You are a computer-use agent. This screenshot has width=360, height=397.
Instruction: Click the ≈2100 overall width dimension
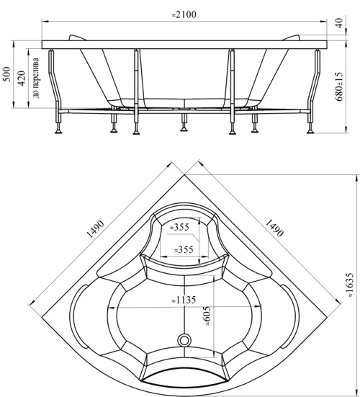pyautogui.click(x=184, y=14)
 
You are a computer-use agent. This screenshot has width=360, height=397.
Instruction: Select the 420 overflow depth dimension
pyautogui.click(x=22, y=79)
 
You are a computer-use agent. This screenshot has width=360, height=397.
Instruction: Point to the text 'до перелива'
pyautogui.click(x=36, y=78)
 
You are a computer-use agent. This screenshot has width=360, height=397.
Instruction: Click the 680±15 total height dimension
pyautogui.click(x=339, y=86)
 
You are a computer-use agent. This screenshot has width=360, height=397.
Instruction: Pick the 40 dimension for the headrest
pyautogui.click(x=339, y=23)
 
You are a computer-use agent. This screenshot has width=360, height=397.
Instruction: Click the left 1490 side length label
pyautogui.click(x=95, y=229)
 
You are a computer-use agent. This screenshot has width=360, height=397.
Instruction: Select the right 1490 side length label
pyautogui.click(x=274, y=228)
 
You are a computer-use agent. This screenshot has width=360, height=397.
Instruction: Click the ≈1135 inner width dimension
pyautogui.click(x=184, y=300)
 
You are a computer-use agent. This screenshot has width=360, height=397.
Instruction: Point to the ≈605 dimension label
pyautogui.click(x=207, y=316)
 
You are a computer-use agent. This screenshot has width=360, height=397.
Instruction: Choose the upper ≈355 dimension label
pyautogui.click(x=179, y=227)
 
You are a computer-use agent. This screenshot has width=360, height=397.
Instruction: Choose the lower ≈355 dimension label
pyautogui.click(x=184, y=249)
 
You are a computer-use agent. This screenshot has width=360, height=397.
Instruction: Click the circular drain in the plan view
pyautogui.click(x=184, y=340)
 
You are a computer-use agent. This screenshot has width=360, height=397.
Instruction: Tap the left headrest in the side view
pyautogui.click(x=77, y=37)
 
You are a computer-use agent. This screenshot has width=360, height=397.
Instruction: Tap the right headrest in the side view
pyautogui.click(x=291, y=37)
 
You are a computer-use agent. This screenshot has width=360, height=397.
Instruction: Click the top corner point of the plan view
pyautogui.click(x=184, y=174)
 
